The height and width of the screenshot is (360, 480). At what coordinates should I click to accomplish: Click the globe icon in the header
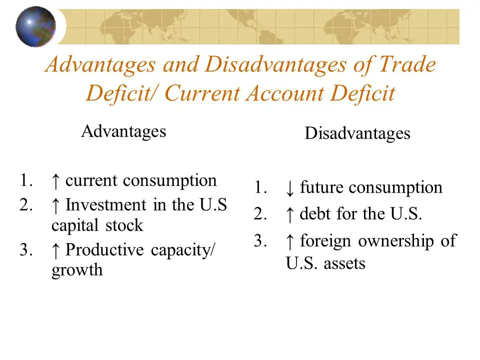tap(36, 26)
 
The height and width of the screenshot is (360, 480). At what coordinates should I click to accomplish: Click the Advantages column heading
tap(123, 131)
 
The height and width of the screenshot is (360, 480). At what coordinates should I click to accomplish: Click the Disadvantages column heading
tap(357, 133)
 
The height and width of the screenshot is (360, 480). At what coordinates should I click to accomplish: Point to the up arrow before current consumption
tap(55, 181)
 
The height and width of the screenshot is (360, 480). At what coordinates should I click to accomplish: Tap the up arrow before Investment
tap(55, 205)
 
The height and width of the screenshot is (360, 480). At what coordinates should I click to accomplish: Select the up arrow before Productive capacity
tap(55, 250)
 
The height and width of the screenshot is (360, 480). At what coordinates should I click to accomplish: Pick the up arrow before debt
tap(289, 214)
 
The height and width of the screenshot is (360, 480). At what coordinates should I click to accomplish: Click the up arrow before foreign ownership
tap(289, 241)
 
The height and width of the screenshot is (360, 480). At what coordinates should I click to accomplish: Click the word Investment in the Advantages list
tap(106, 204)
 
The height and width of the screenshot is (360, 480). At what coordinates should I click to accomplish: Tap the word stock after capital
tap(124, 225)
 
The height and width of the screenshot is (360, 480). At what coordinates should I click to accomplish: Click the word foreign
tap(325, 241)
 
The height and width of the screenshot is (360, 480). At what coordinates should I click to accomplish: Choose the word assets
tap(344, 263)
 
